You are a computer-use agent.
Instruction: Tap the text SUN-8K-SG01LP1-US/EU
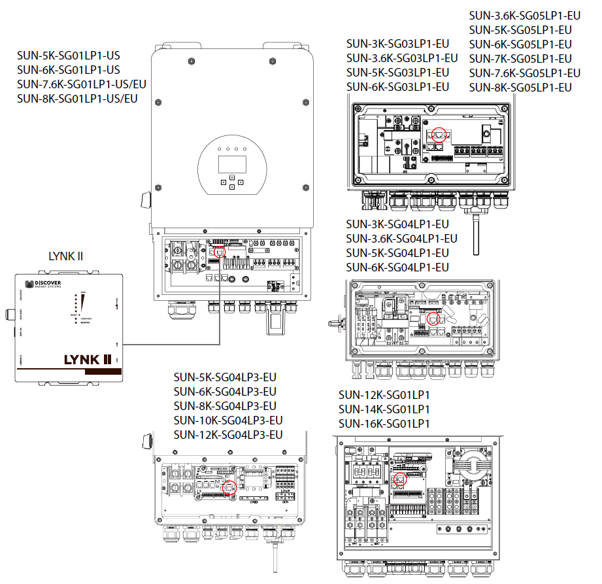coord(78,99)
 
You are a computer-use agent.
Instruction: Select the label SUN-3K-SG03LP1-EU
coord(397,44)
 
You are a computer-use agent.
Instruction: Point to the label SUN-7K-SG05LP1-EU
coord(521,59)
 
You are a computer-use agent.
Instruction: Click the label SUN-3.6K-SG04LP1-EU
coord(401,239)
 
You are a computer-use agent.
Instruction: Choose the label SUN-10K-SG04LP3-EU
coord(228,421)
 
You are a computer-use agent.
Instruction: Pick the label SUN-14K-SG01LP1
coord(384,409)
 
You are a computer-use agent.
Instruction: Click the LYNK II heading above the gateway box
coord(66,256)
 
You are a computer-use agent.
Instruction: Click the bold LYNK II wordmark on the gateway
coord(88,359)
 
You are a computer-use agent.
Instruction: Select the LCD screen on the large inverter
coord(231,163)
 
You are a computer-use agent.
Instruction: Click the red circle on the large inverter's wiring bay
coord(219,250)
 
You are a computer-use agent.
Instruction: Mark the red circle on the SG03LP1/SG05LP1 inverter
coord(438,135)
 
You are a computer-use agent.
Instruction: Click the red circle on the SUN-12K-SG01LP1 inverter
coord(399,478)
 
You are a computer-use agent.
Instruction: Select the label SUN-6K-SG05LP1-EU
coord(521,44)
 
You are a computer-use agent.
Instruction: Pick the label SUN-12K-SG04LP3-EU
coord(228,435)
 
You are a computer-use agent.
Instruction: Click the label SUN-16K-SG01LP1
coord(384,424)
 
